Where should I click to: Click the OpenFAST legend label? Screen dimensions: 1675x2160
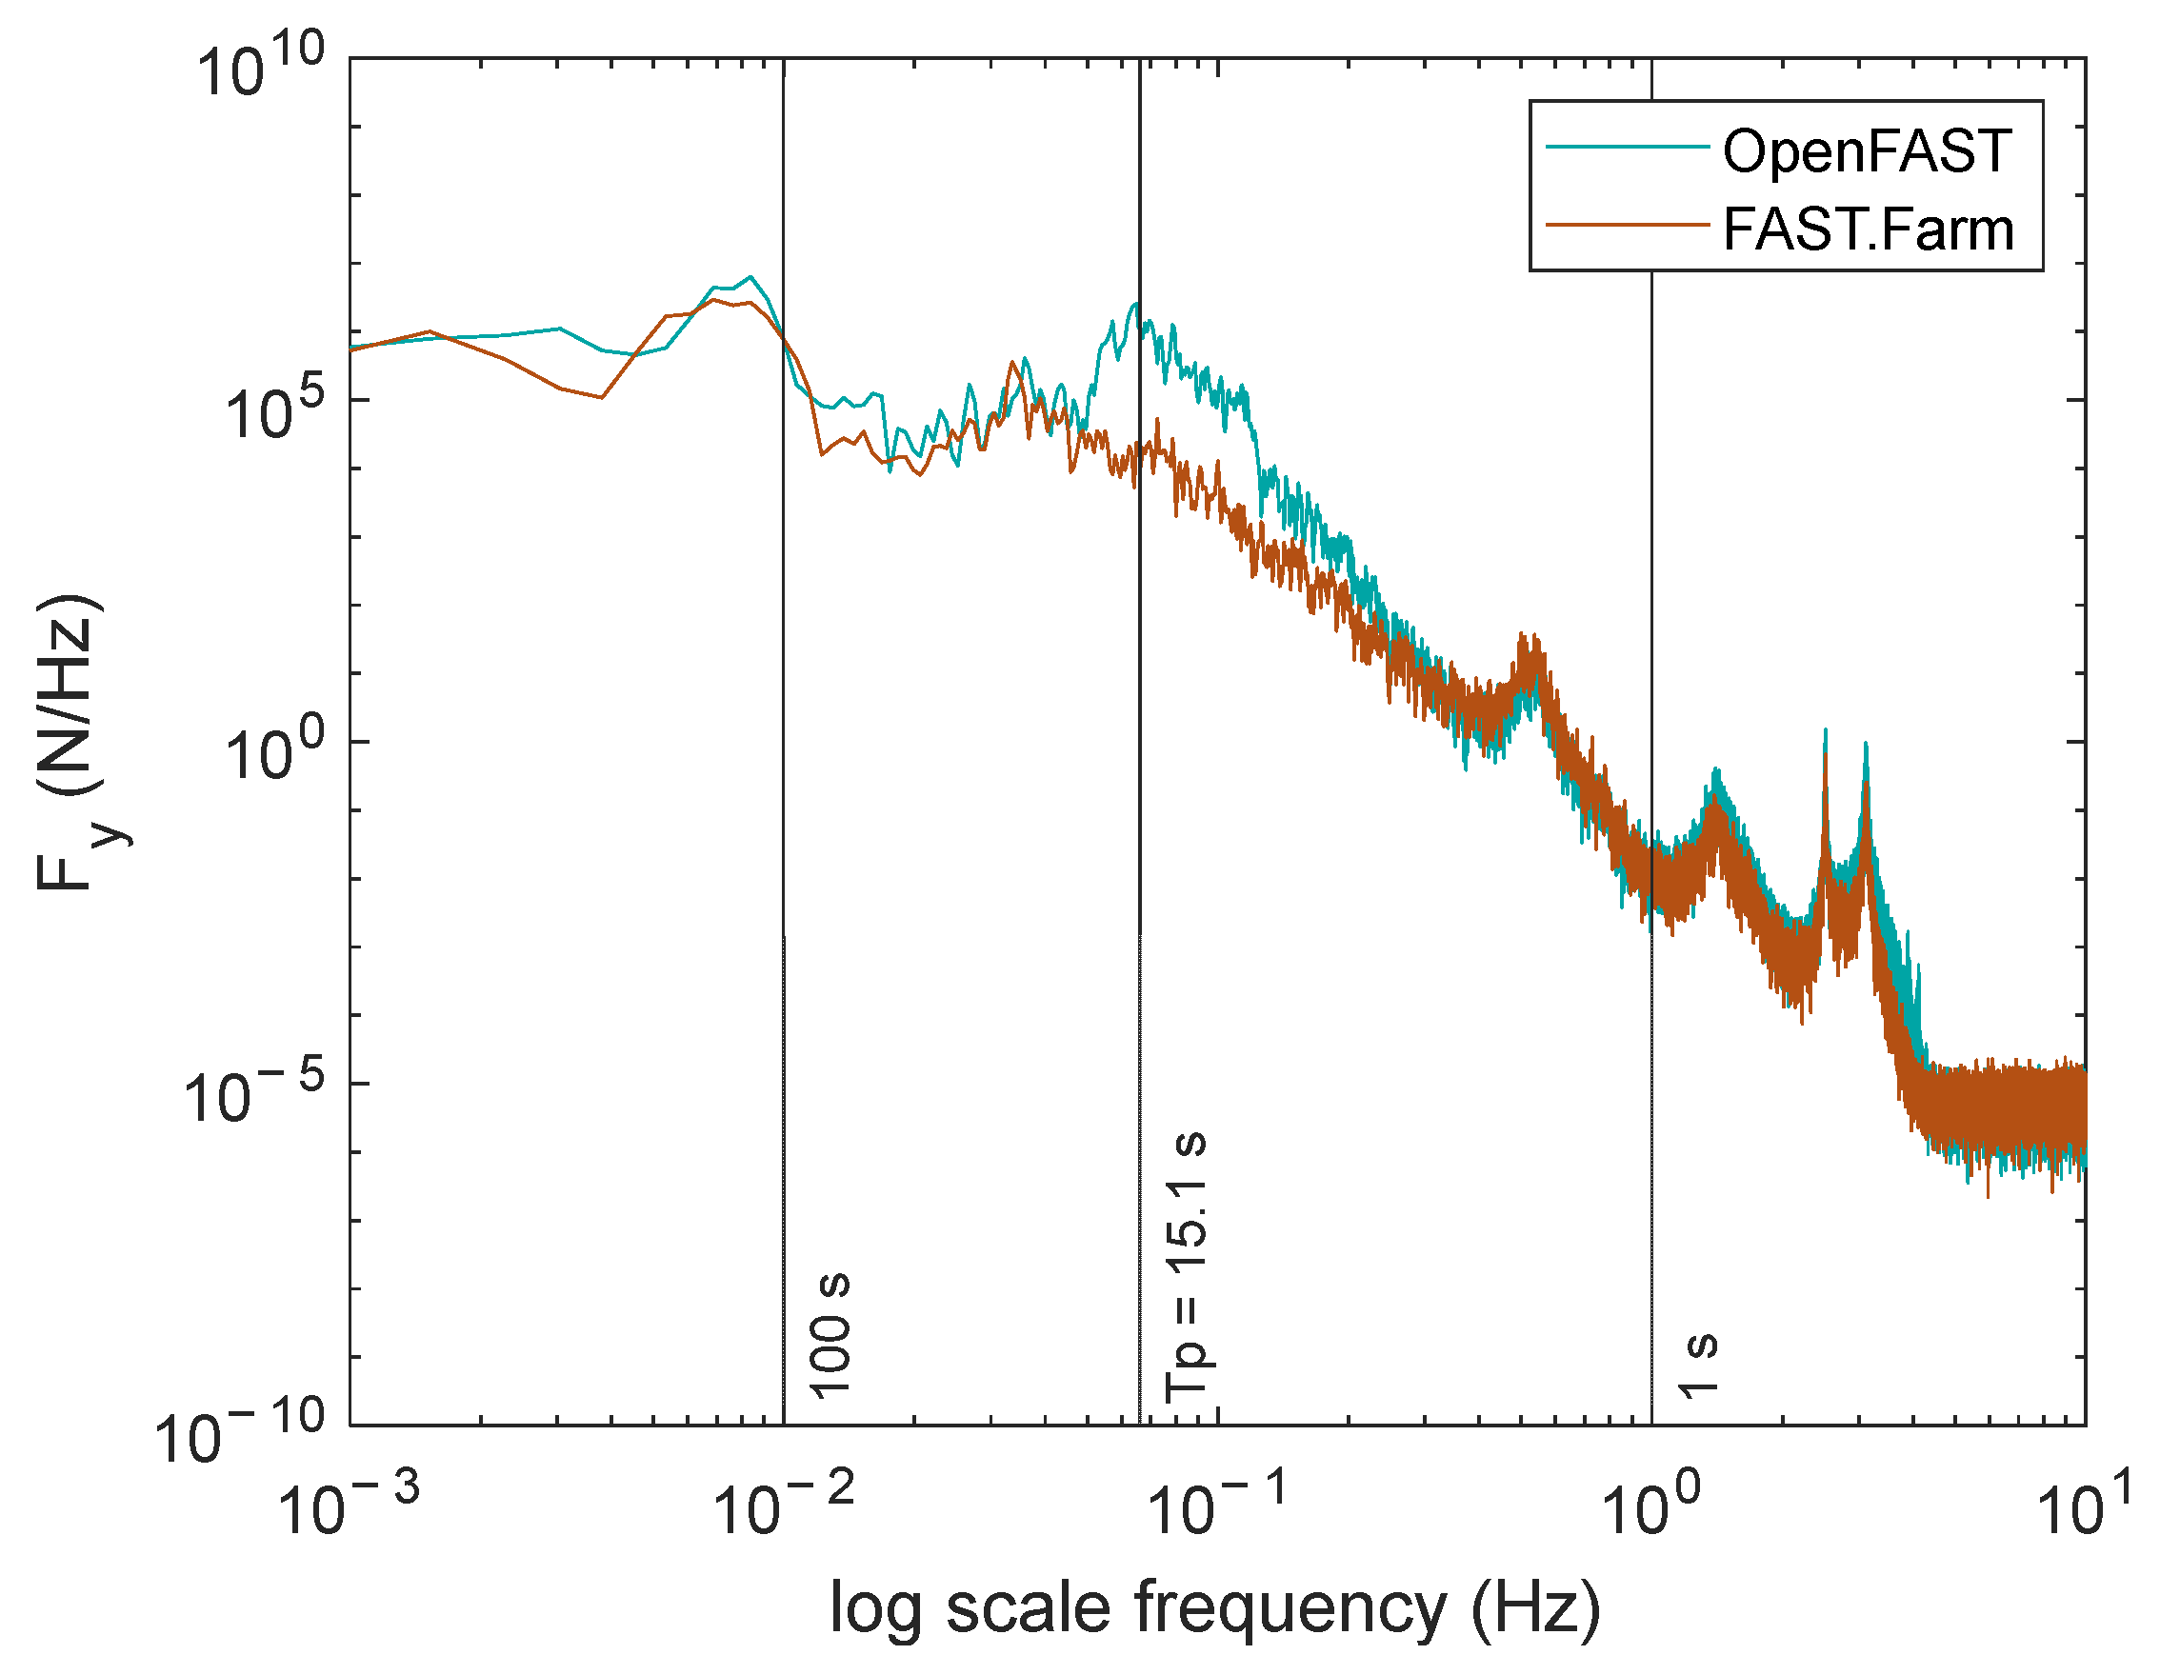(1867, 151)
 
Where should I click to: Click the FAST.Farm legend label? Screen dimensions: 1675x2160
(1869, 229)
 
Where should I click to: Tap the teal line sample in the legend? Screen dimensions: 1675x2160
(1628, 148)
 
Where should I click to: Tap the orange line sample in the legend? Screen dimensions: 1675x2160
(1628, 226)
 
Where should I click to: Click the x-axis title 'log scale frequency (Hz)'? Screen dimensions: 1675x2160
(1214, 1608)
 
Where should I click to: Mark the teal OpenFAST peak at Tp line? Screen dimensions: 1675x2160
(1136, 304)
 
